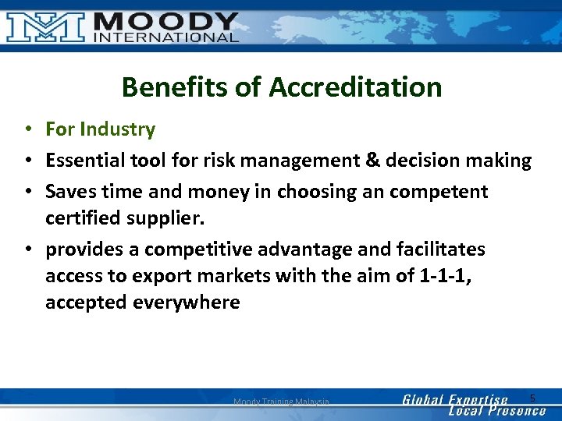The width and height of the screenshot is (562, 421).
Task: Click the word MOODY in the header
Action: [x=165, y=21]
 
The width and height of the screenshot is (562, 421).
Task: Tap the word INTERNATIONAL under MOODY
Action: [x=165, y=37]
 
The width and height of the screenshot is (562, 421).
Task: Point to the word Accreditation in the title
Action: [x=355, y=87]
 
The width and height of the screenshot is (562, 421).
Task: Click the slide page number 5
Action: [x=532, y=398]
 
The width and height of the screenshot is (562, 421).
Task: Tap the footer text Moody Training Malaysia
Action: [x=281, y=402]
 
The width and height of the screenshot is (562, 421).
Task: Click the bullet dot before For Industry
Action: [x=27, y=129]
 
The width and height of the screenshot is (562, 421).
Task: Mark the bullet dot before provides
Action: [x=27, y=250]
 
